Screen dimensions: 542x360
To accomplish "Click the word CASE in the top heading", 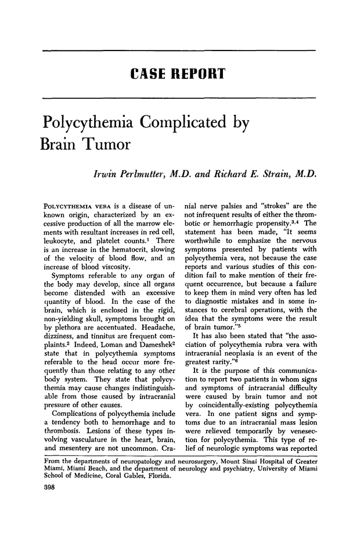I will [151, 74].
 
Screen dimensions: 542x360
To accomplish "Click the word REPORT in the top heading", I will [198, 74].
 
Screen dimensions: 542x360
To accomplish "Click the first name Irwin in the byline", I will [107, 175].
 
